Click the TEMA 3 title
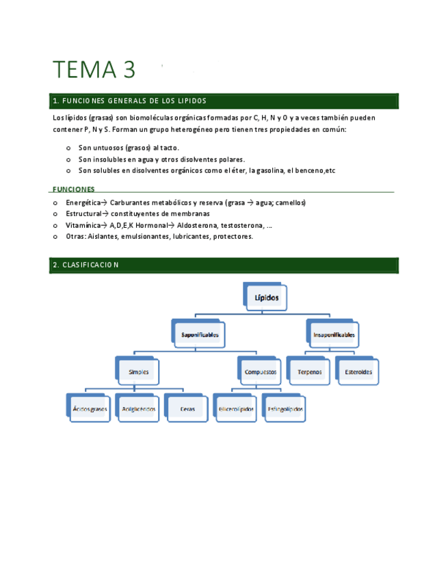tap(94, 70)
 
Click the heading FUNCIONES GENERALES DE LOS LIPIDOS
tap(129, 101)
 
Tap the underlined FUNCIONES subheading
tap(73, 189)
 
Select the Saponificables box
tap(200, 335)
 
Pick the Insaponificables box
tap(334, 335)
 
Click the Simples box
tap(138, 372)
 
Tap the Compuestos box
tap(261, 372)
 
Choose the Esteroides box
tap(358, 372)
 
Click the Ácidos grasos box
tap(90, 409)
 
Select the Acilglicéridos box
tap(138, 409)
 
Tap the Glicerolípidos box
tap(237, 409)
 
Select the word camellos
tap(290, 203)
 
